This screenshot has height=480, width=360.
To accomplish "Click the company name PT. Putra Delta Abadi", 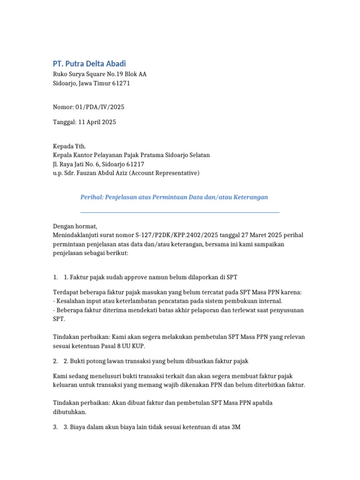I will pos(89,63).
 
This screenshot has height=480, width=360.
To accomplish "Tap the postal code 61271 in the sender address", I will pos(121,83).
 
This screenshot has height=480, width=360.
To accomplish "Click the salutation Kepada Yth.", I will pos(69,146).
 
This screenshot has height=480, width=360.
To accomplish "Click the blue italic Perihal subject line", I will pos(174,197).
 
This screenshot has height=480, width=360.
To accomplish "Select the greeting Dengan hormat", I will pos(75,226).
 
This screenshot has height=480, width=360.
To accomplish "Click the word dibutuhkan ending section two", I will pos(69,412).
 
